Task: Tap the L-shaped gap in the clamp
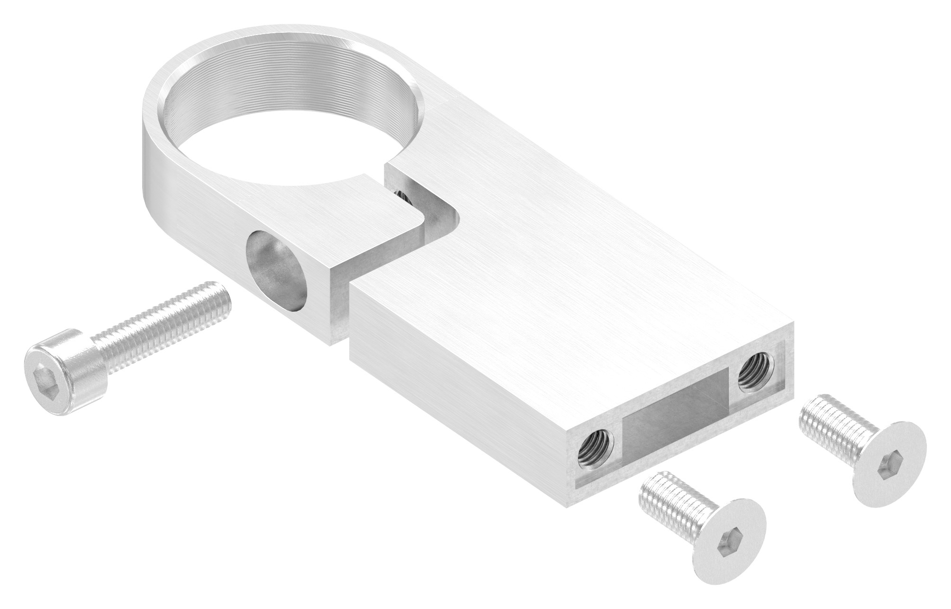pos(426,228)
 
